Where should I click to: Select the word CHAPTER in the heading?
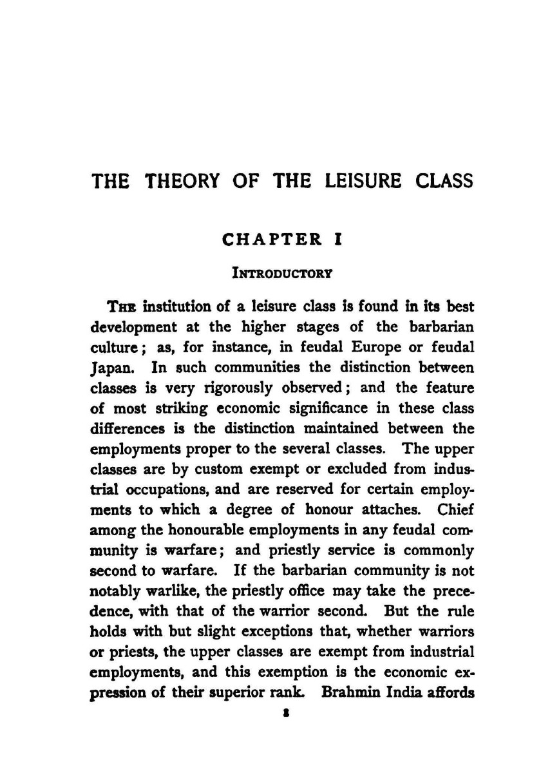click(x=270, y=240)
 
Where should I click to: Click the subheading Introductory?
click(x=282, y=273)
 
